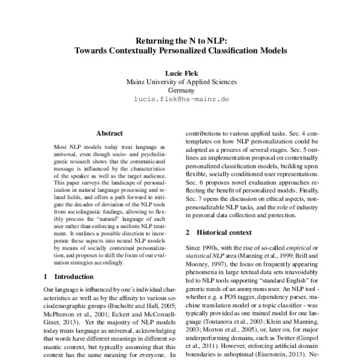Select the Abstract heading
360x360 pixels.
point(109,133)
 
